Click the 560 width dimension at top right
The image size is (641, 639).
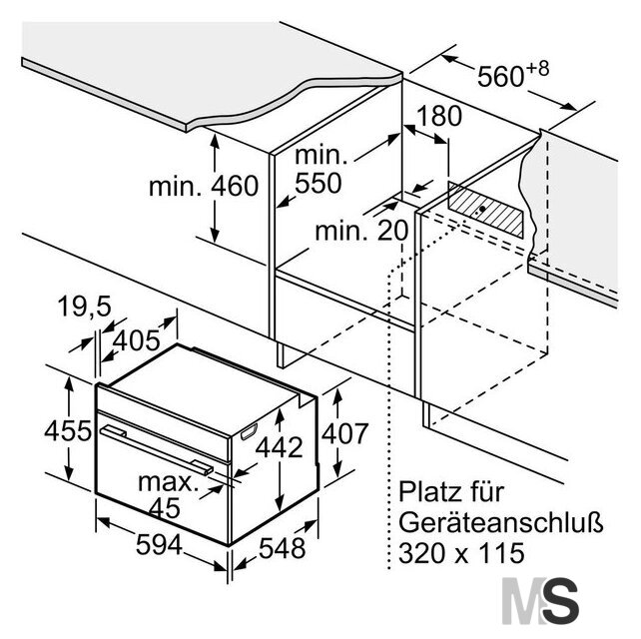tap(500, 76)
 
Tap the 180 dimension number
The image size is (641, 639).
tap(439, 116)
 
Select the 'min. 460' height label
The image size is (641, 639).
tap(204, 186)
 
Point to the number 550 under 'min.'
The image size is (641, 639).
tap(319, 183)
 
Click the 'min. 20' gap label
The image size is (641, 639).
tap(361, 231)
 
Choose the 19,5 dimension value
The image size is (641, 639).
tap(85, 307)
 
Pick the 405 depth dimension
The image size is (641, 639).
tap(136, 340)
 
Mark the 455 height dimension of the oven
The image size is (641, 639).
tap(68, 430)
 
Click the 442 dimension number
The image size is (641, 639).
tap(280, 447)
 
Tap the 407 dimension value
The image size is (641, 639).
tap(345, 433)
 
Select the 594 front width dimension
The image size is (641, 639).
tap(159, 545)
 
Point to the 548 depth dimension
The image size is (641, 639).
tap(283, 548)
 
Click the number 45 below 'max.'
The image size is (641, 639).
tap(165, 508)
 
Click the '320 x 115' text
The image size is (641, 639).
tap(461, 553)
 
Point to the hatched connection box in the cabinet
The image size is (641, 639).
tap(485, 210)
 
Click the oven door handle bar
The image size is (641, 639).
tap(157, 450)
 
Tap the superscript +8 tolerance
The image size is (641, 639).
tap(537, 69)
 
